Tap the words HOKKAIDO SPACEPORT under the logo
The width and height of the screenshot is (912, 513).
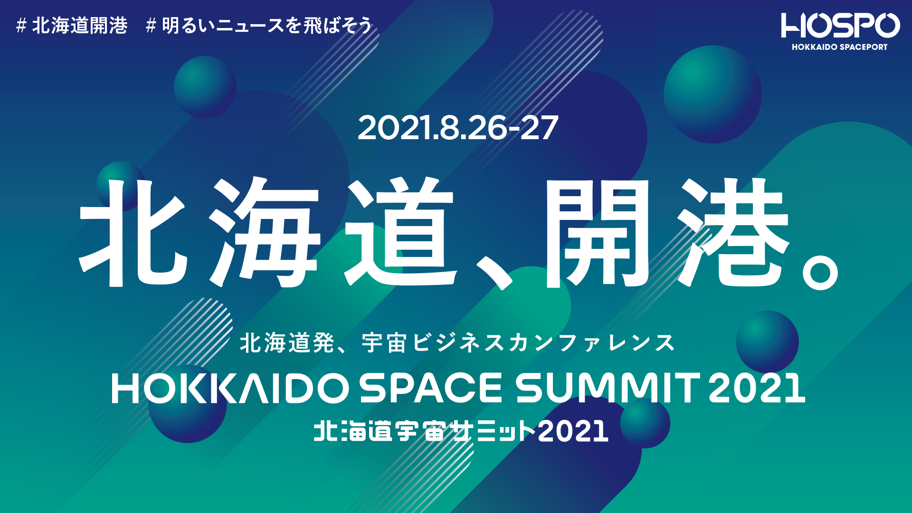839,47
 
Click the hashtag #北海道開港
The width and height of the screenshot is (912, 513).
72,26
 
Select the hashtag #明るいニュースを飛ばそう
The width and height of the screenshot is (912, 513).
259,26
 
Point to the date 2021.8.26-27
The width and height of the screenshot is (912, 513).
457,128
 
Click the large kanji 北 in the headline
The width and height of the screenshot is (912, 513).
133,233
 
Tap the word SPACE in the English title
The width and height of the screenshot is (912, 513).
430,388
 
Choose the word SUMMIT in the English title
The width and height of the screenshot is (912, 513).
608,388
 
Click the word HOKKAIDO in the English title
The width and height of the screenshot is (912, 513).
230,388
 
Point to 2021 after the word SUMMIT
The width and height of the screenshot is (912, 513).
757,388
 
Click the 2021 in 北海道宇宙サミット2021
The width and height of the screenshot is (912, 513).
573,431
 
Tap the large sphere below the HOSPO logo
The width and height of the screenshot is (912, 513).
712,94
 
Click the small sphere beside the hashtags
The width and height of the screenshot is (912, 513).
205,87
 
